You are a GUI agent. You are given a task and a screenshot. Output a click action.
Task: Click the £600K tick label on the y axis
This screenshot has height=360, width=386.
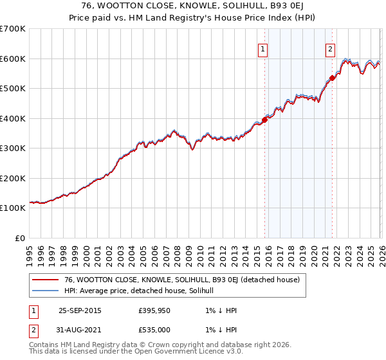13,59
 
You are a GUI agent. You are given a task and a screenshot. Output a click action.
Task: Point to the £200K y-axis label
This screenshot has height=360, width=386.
13,178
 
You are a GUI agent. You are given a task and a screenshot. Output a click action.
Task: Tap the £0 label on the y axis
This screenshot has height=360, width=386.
20,238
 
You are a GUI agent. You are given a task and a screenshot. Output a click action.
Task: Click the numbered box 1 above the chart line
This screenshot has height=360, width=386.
263,49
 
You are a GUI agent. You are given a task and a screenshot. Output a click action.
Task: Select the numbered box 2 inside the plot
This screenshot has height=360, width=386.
330,49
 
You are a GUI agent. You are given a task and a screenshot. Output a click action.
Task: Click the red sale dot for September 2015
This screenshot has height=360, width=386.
264,120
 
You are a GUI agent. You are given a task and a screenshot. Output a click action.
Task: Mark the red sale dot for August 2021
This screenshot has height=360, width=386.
332,78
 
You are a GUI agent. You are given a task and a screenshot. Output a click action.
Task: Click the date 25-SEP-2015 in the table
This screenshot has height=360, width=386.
80,310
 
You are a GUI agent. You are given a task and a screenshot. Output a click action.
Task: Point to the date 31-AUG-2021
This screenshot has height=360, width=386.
80,329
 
